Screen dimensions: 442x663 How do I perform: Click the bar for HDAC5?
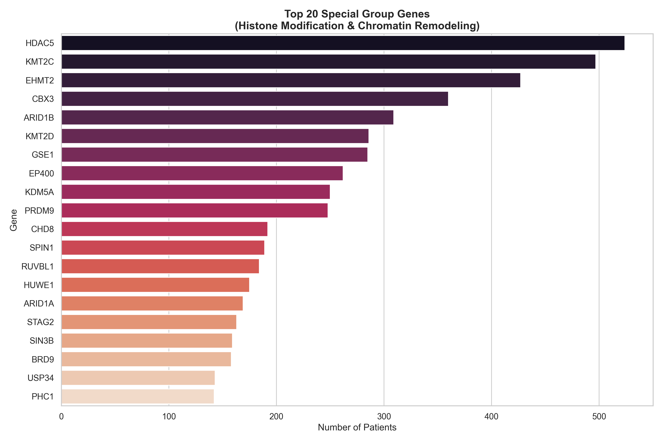point(343,43)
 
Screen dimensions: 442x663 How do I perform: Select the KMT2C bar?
point(328,62)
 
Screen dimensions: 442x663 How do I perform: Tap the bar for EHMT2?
point(291,80)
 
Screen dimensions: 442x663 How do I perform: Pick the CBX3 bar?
point(255,99)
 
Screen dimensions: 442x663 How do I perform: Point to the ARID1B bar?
point(227,117)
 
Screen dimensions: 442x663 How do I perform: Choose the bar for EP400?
point(202,173)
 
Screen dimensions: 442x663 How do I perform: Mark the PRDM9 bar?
point(194,210)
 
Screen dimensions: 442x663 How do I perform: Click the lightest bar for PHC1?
point(138,396)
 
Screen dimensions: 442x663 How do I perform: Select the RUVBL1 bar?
point(160,266)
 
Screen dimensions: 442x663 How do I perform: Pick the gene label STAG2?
point(40,322)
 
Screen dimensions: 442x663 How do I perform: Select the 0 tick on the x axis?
point(62,417)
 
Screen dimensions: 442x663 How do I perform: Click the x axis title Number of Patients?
point(357,427)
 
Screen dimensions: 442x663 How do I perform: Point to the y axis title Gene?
point(13,220)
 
